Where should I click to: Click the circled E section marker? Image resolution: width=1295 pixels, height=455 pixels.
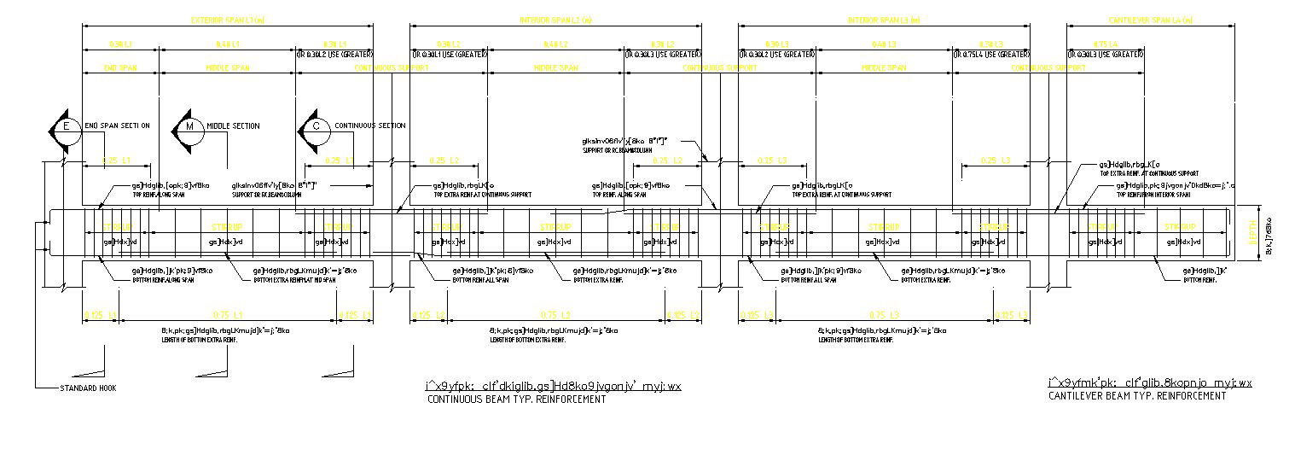point(65,128)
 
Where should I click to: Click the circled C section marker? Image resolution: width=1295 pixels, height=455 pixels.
point(316,128)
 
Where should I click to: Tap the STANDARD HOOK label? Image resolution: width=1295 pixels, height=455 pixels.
point(88,388)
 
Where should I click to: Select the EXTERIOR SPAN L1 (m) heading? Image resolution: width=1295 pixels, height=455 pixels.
point(227,20)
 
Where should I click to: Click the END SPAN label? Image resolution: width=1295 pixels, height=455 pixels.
point(120,67)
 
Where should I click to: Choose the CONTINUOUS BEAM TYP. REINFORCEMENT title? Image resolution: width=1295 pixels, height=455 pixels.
point(516,400)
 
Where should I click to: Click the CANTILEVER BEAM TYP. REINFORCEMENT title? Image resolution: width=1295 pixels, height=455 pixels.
point(1137,396)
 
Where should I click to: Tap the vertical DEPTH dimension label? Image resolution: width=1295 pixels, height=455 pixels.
point(1253,231)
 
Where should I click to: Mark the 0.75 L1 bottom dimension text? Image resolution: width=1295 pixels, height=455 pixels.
point(228,316)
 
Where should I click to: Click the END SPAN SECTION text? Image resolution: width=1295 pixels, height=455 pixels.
point(118,126)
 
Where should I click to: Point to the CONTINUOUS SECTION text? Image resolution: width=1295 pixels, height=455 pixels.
point(369,126)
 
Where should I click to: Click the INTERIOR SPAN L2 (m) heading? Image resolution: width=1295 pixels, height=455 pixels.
point(555,20)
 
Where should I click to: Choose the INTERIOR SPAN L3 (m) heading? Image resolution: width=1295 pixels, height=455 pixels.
point(884,20)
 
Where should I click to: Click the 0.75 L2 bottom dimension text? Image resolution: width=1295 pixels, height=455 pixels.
point(555,316)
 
